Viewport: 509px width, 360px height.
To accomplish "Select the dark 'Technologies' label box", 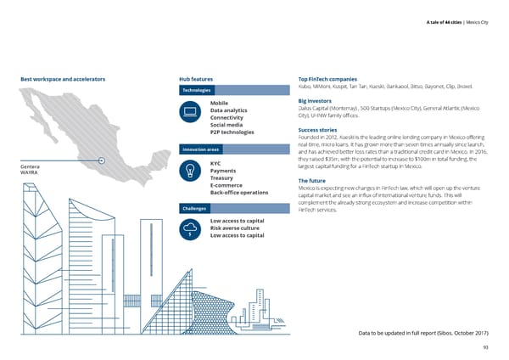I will [197, 90].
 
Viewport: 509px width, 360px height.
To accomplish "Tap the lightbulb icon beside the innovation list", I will [191, 172].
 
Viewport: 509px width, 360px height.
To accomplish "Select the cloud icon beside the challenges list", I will [191, 228].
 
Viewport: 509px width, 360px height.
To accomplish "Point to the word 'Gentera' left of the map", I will [29, 166].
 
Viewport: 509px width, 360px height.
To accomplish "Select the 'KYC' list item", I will [215, 163].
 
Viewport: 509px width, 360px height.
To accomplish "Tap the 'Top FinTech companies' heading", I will [333, 79].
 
